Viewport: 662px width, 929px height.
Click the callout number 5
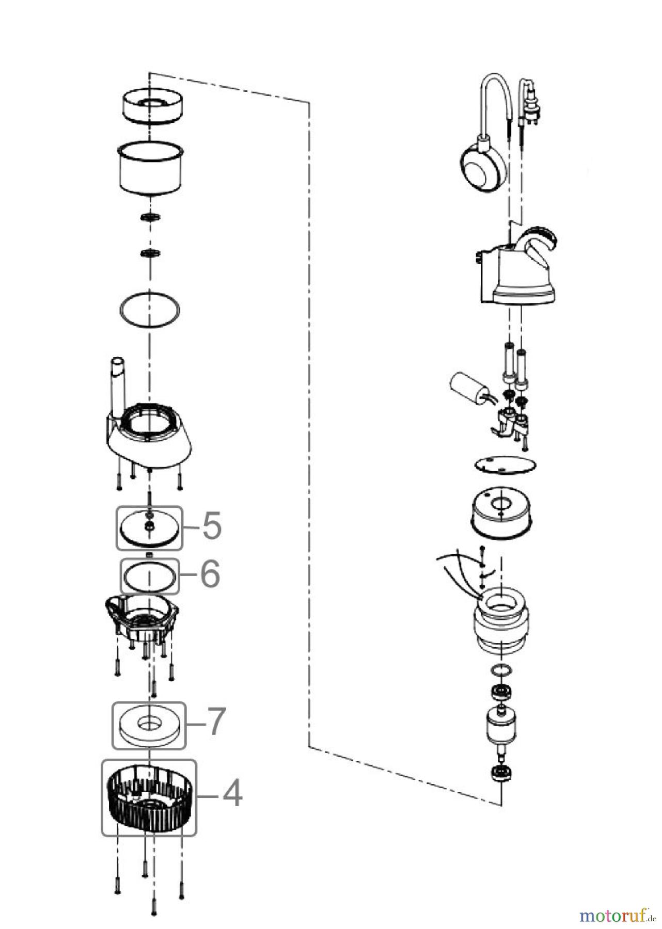(x=211, y=526)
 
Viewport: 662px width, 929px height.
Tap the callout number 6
(x=210, y=574)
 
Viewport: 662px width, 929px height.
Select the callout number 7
(x=215, y=721)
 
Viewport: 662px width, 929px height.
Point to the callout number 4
(x=232, y=793)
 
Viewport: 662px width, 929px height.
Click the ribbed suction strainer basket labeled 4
(x=148, y=798)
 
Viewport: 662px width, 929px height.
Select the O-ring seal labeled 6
(x=149, y=576)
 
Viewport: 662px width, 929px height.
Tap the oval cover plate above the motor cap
(x=506, y=464)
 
